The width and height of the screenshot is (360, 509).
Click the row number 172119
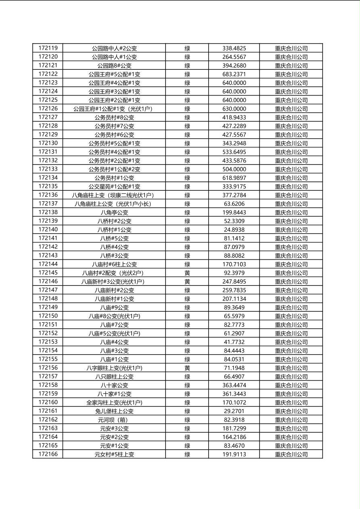[48, 48]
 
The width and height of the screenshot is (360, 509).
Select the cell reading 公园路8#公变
[114, 65]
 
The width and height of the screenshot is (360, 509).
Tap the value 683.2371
[234, 74]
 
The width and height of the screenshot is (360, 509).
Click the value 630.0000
[234, 109]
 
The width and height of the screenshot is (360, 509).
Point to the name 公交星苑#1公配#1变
[114, 186]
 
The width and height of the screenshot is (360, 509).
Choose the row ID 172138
[48, 212]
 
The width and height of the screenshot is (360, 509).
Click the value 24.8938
[234, 229]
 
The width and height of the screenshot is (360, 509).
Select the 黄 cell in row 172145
[187, 273]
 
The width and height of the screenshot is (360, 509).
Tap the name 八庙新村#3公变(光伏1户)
[114, 282]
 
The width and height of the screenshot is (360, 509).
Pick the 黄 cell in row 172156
[187, 368]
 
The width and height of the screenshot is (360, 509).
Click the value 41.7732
[234, 342]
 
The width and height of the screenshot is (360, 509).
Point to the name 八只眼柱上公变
[114, 377]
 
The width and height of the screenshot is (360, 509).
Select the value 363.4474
[234, 385]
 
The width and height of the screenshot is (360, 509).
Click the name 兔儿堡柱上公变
[114, 411]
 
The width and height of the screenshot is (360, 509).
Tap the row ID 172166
[48, 454]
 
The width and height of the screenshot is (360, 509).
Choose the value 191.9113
[234, 455]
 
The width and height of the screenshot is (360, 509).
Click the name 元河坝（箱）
[114, 420]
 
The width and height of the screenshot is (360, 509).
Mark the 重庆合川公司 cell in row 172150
[291, 316]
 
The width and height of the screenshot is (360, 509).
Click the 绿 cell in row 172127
[187, 117]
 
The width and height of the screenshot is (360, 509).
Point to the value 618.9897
[234, 178]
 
